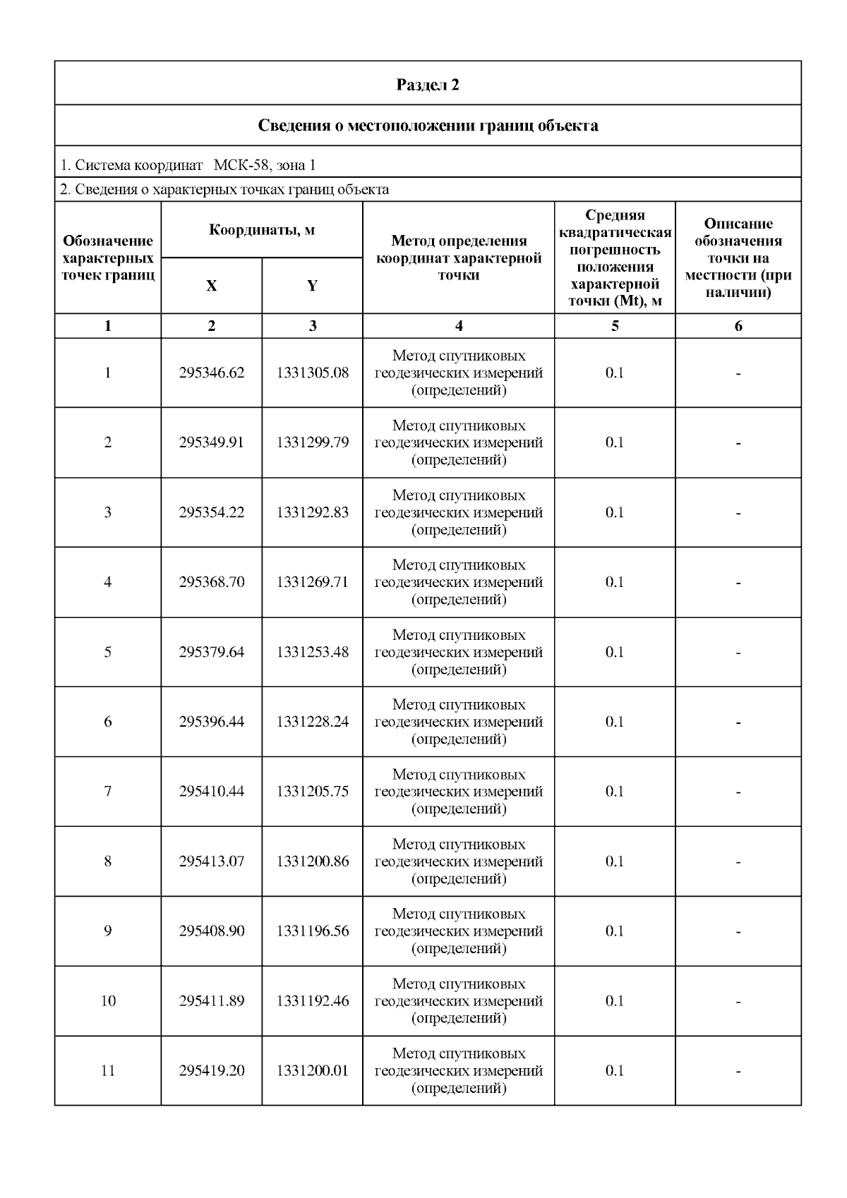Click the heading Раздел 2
(428, 85)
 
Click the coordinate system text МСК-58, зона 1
(265, 165)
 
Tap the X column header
(211, 286)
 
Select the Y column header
(312, 286)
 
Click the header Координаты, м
(262, 230)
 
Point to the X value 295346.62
(211, 373)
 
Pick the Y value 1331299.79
(312, 442)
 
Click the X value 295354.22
(211, 512)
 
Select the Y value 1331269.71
(312, 582)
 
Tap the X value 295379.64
(211, 652)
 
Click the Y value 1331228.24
(312, 722)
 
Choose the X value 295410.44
(211, 792)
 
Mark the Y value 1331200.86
(312, 861)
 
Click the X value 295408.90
(211, 931)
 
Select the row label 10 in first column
(108, 1001)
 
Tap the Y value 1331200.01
(312, 1071)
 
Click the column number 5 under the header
(615, 326)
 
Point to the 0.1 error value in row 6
(615, 722)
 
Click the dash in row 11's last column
(738, 1072)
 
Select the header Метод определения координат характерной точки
(459, 258)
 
